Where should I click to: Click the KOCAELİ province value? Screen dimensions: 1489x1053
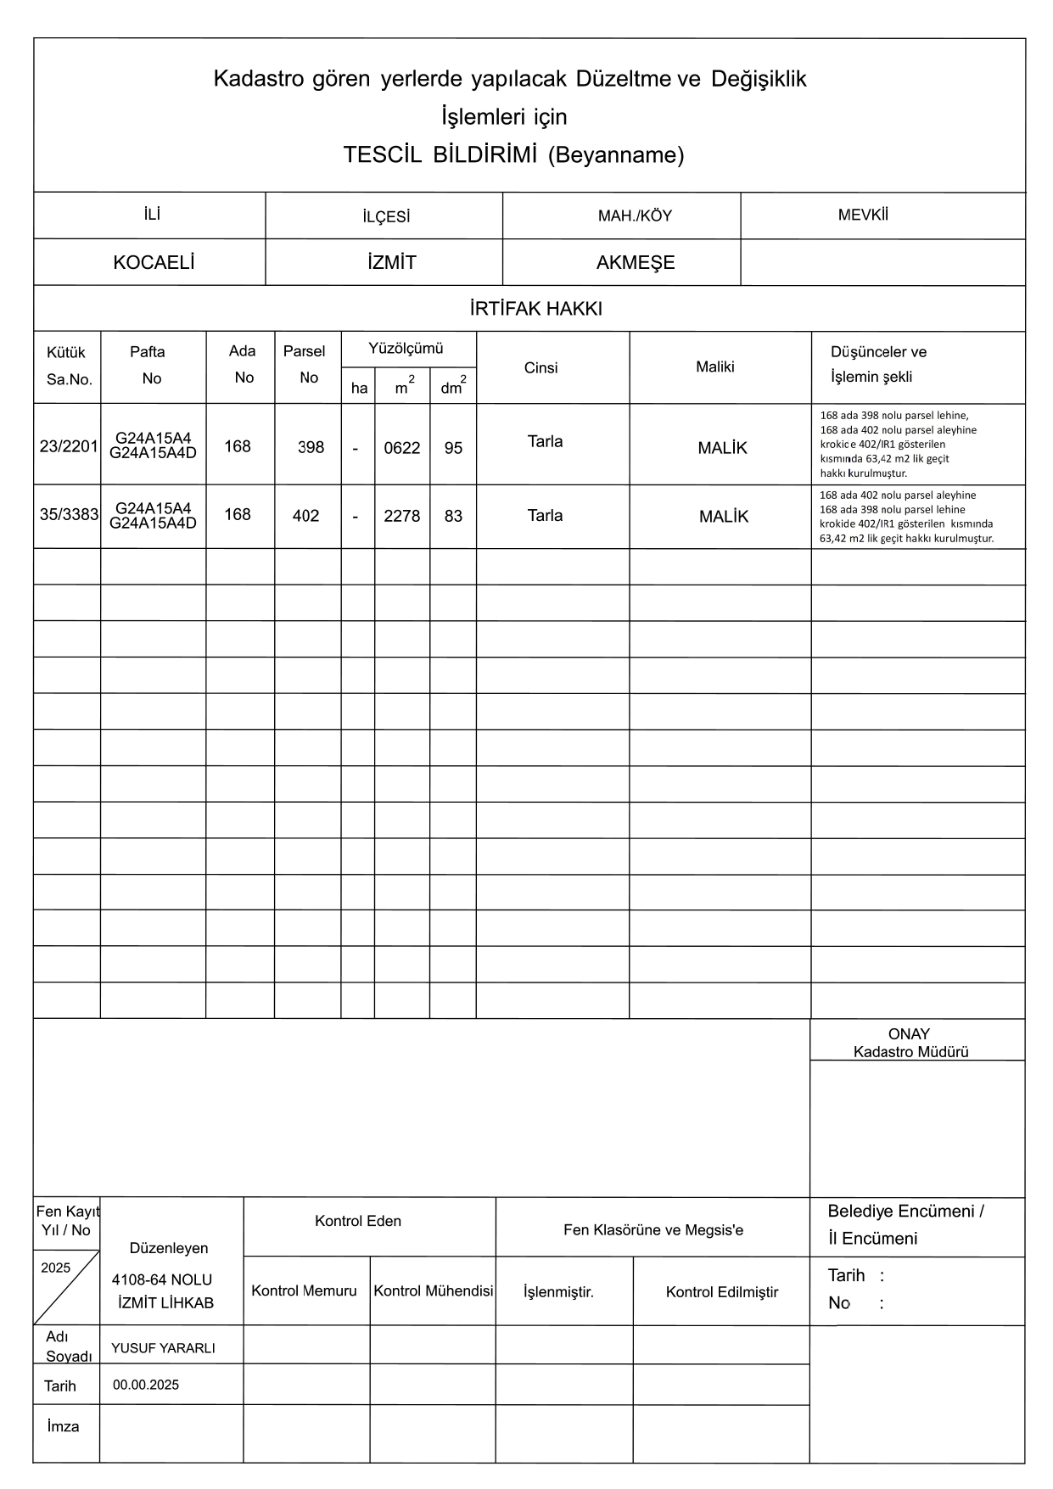pyautogui.click(x=154, y=263)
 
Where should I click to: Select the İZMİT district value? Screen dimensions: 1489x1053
pyautogui.click(x=392, y=263)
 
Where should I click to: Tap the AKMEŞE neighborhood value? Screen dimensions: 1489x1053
pyautogui.click(x=636, y=263)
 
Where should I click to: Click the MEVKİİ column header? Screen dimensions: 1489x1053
pyautogui.click(x=863, y=215)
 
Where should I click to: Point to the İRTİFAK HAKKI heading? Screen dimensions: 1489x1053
pyautogui.click(x=535, y=309)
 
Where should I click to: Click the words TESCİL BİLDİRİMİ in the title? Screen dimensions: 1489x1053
pyautogui.click(x=440, y=154)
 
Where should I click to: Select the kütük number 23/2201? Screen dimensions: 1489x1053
pyautogui.click(x=69, y=446)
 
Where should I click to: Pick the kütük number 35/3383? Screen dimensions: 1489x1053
pyautogui.click(x=69, y=514)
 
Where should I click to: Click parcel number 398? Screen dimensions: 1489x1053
pyautogui.click(x=311, y=447)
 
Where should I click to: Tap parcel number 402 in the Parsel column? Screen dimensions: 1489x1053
pyautogui.click(x=305, y=516)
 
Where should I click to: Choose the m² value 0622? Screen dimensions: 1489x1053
pyautogui.click(x=402, y=448)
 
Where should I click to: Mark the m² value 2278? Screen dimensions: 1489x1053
pyautogui.click(x=402, y=516)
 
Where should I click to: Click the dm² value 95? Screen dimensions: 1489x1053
pyautogui.click(x=453, y=448)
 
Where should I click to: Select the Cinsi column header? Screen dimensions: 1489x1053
pyautogui.click(x=541, y=367)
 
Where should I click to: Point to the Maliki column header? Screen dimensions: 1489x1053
pyautogui.click(x=714, y=367)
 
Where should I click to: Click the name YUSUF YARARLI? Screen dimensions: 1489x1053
pyautogui.click(x=163, y=1348)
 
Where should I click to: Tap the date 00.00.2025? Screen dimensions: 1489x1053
pyautogui.click(x=146, y=1385)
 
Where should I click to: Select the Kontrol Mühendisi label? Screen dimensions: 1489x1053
pyautogui.click(x=433, y=1291)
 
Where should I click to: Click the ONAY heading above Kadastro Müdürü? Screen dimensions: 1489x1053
pyautogui.click(x=909, y=1034)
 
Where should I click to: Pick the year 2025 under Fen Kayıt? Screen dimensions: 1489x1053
pyautogui.click(x=56, y=1268)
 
